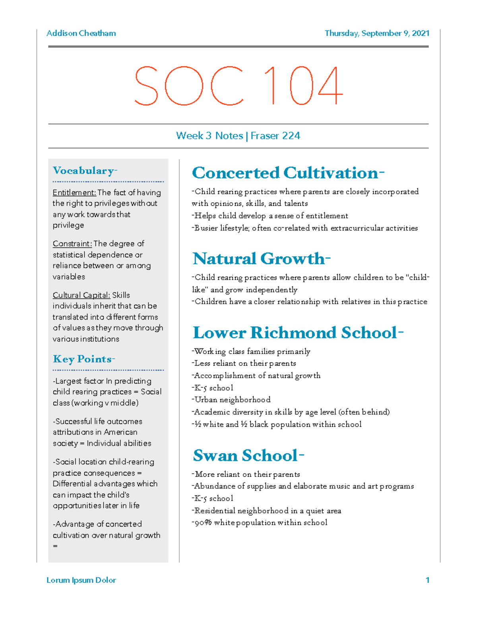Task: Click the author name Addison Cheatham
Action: point(81,33)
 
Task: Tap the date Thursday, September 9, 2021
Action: point(377,33)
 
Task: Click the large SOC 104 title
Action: point(238,86)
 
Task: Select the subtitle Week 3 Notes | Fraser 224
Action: point(238,136)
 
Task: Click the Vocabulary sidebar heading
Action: point(85,171)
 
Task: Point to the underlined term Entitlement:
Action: point(74,193)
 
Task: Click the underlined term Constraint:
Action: point(72,244)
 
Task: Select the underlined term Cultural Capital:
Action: point(81,295)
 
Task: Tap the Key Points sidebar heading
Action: point(84,359)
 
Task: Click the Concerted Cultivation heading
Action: point(288,173)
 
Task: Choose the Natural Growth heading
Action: point(261,259)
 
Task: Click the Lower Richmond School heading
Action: point(298,333)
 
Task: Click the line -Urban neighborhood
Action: point(231,400)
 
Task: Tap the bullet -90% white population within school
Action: point(260,523)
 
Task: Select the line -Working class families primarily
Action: point(251,352)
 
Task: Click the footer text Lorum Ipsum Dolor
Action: point(81,580)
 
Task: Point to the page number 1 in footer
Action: point(427,580)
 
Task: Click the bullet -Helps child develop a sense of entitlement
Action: point(270,216)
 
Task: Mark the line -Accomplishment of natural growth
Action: point(256,376)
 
